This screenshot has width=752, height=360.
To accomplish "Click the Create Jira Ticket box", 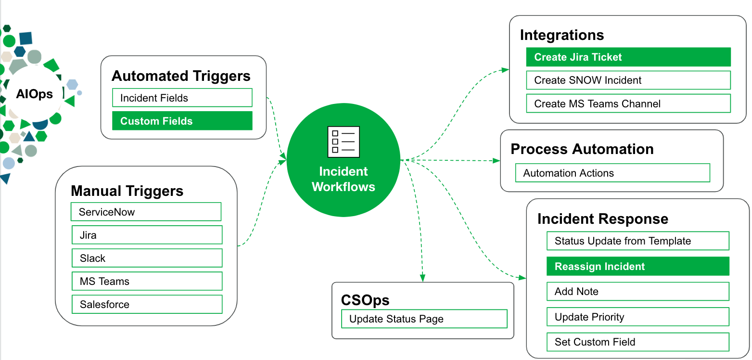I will pyautogui.click(x=628, y=57).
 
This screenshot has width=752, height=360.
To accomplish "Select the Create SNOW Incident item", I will pyautogui.click(x=628, y=80).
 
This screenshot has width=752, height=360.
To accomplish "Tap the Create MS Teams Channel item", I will pyautogui.click(x=628, y=103).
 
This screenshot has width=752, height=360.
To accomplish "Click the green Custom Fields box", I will pyautogui.click(x=182, y=121).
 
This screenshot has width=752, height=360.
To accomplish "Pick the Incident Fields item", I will pyautogui.click(x=182, y=98).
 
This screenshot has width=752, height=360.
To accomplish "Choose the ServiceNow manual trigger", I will pyautogui.click(x=146, y=212).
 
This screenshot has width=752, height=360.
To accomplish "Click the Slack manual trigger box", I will pyautogui.click(x=147, y=258).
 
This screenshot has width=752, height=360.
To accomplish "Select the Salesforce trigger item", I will pyautogui.click(x=147, y=304).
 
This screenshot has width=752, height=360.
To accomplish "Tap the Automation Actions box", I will pyautogui.click(x=612, y=173).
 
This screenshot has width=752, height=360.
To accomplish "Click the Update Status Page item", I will pyautogui.click(x=424, y=319).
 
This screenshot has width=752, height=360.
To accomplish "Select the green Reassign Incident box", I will pyautogui.click(x=637, y=266).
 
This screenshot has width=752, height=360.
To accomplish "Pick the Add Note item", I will pyautogui.click(x=637, y=291).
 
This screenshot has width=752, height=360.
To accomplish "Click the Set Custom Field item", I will pyautogui.click(x=637, y=342).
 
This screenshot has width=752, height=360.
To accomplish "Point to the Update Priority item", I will pyautogui.click(x=637, y=317).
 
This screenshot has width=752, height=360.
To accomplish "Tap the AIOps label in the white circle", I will pyautogui.click(x=34, y=94).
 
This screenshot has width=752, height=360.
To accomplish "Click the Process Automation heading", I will pyautogui.click(x=582, y=149).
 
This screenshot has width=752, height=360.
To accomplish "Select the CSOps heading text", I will pyautogui.click(x=365, y=300).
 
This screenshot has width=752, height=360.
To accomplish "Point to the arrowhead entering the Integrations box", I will pyautogui.click(x=505, y=70).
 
